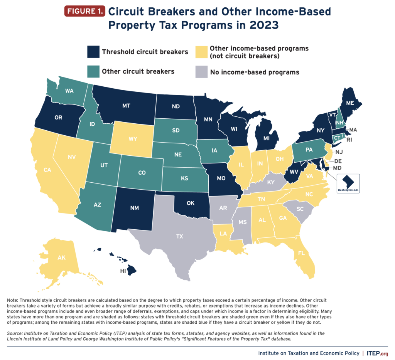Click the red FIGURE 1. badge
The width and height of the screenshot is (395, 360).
click(x=84, y=11)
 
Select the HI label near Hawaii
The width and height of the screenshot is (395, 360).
click(x=122, y=271)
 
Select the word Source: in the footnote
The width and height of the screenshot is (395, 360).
click(x=16, y=333)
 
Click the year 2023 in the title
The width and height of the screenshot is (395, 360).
click(x=259, y=25)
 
